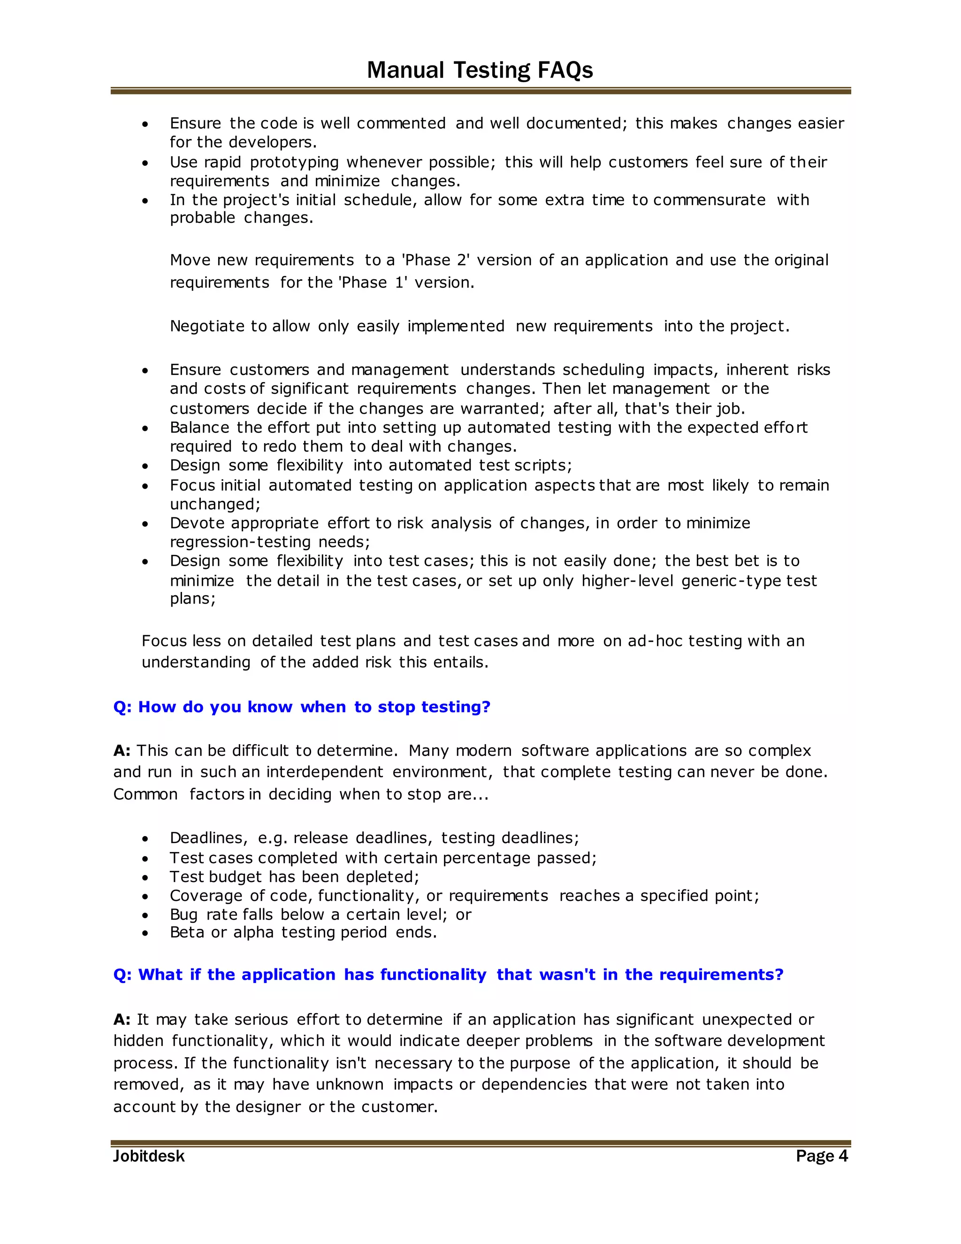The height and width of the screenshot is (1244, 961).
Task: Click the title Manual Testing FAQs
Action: (x=480, y=70)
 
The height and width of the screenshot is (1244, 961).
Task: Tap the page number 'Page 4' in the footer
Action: (x=822, y=1156)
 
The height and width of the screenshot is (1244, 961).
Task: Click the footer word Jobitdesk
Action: (x=149, y=1156)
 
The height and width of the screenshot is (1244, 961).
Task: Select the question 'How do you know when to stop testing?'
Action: (x=302, y=707)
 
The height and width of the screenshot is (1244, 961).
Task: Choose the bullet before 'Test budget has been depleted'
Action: (x=146, y=878)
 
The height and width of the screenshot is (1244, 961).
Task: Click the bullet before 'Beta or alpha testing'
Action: (x=146, y=933)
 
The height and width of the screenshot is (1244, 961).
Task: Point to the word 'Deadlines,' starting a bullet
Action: (x=208, y=838)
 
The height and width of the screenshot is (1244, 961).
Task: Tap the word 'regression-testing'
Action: (x=240, y=542)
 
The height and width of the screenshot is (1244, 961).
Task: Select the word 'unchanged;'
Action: (x=214, y=505)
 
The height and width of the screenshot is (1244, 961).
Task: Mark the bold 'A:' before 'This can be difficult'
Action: (x=122, y=751)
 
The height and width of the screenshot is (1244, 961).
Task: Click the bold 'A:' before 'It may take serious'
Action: (x=122, y=1020)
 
